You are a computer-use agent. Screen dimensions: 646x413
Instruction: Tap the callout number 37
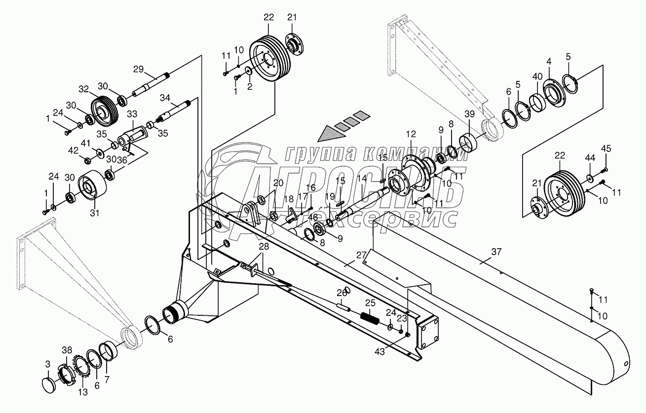(x=496, y=252)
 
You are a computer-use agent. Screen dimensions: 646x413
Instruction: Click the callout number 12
(x=411, y=134)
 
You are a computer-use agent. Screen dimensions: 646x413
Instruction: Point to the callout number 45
(x=606, y=149)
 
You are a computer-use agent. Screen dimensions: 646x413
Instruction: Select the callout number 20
(x=278, y=183)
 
